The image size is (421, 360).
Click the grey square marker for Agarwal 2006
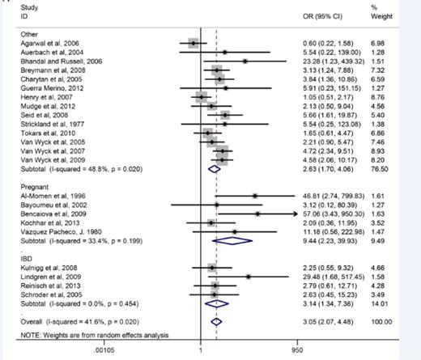(193, 43)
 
